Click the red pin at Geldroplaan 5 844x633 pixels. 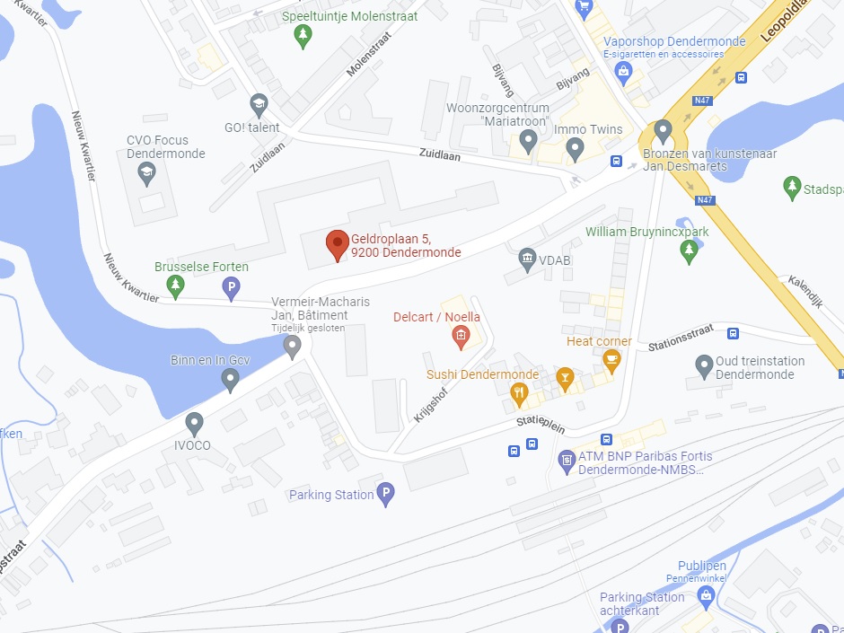tap(337, 243)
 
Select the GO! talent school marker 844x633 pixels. tap(259, 104)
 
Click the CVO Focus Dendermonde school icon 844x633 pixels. tap(147, 173)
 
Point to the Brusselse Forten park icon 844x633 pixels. tap(176, 286)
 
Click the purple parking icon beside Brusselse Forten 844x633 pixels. tap(231, 287)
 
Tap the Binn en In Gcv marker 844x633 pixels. tap(231, 380)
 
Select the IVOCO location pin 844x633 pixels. tap(194, 423)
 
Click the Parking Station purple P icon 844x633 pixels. tap(385, 494)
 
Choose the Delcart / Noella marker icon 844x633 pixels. tap(460, 337)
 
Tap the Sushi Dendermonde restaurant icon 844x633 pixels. tap(519, 392)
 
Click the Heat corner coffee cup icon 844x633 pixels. tap(612, 360)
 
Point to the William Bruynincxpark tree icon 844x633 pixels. tap(689, 251)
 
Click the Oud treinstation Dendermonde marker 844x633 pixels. tap(706, 366)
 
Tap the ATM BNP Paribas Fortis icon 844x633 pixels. tap(567, 462)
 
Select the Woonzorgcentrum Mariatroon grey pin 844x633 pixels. tap(528, 140)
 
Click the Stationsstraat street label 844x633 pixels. tap(679, 344)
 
